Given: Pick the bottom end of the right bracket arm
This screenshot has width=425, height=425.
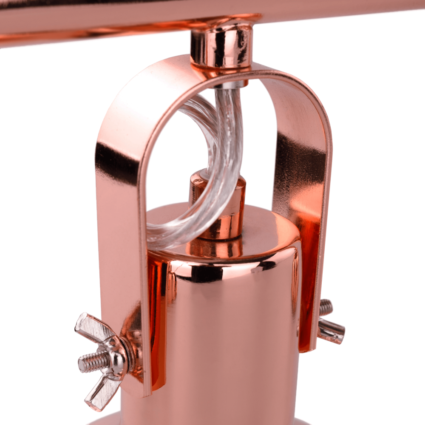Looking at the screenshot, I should pos(308,344).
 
